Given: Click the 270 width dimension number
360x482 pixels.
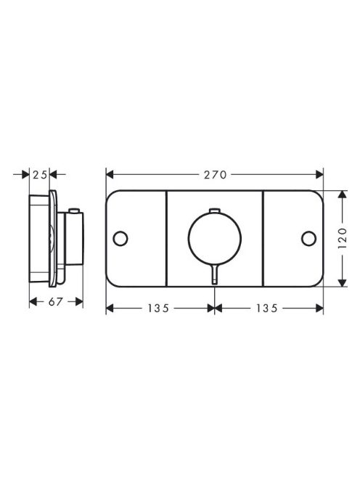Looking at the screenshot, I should (x=215, y=174).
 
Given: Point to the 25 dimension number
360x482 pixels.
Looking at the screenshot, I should (x=41, y=174).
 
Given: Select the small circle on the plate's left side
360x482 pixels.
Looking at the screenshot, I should (x=120, y=237).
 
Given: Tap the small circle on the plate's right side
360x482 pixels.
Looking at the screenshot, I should (x=309, y=237).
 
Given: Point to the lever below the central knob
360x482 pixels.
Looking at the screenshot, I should (x=214, y=274).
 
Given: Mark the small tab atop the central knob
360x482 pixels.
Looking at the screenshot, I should (x=214, y=210).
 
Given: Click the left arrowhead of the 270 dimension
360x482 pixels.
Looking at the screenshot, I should (x=110, y=174).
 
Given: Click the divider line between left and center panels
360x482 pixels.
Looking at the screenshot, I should (x=167, y=237).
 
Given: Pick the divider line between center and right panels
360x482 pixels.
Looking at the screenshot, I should (x=262, y=237).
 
